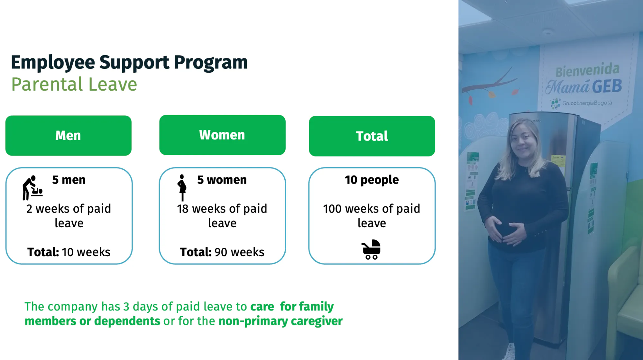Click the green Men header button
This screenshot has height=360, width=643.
[69, 136]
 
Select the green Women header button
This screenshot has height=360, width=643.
[222, 135]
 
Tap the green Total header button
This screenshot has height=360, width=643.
[372, 136]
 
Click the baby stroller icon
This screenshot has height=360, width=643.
[371, 249]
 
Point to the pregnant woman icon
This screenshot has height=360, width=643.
[182, 188]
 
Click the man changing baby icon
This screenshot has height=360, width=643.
[32, 188]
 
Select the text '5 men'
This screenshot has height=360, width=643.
[69, 180]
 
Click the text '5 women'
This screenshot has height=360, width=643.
[222, 180]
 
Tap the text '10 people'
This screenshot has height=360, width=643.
[372, 180]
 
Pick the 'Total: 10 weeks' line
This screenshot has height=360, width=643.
[69, 252]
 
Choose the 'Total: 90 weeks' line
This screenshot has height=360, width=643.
[222, 252]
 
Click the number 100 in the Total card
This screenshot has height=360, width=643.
[332, 209]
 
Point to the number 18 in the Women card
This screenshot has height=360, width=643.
[183, 209]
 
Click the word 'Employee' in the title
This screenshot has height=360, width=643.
[53, 63]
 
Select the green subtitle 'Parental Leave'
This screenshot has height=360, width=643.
[74, 84]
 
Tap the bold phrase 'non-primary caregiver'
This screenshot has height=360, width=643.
[280, 321]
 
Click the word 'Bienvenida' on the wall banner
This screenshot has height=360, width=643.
[587, 70]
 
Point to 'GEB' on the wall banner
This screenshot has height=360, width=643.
[607, 86]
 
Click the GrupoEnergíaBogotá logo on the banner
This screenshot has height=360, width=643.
[581, 104]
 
